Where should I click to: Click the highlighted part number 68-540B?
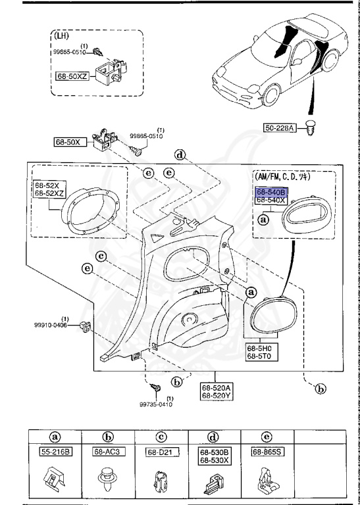271,191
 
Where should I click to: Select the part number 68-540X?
271,199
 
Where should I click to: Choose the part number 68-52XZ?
47,194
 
